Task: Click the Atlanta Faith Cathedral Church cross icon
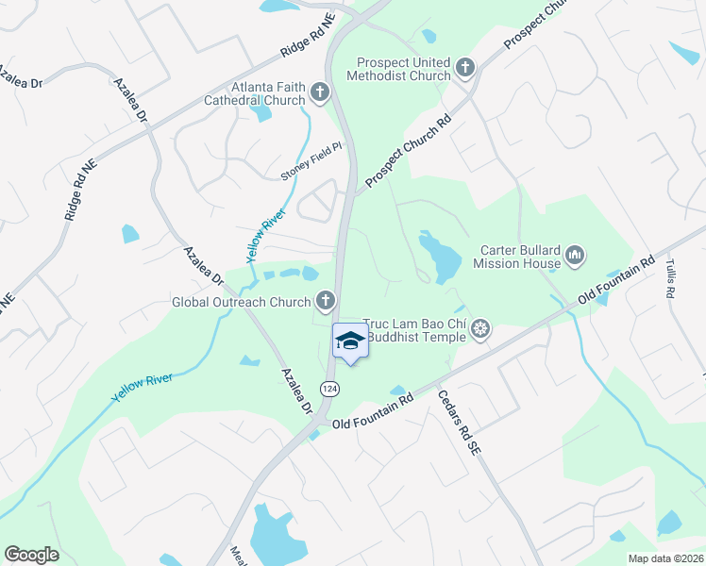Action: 320,92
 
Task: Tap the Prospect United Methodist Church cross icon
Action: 464,67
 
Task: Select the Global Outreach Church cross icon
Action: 325,301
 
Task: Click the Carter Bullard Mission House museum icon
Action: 575,255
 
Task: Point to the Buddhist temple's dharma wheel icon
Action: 480,328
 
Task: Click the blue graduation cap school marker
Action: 350,342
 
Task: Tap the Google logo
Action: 31,555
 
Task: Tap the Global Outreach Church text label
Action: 241,302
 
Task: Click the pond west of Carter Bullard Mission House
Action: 438,254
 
